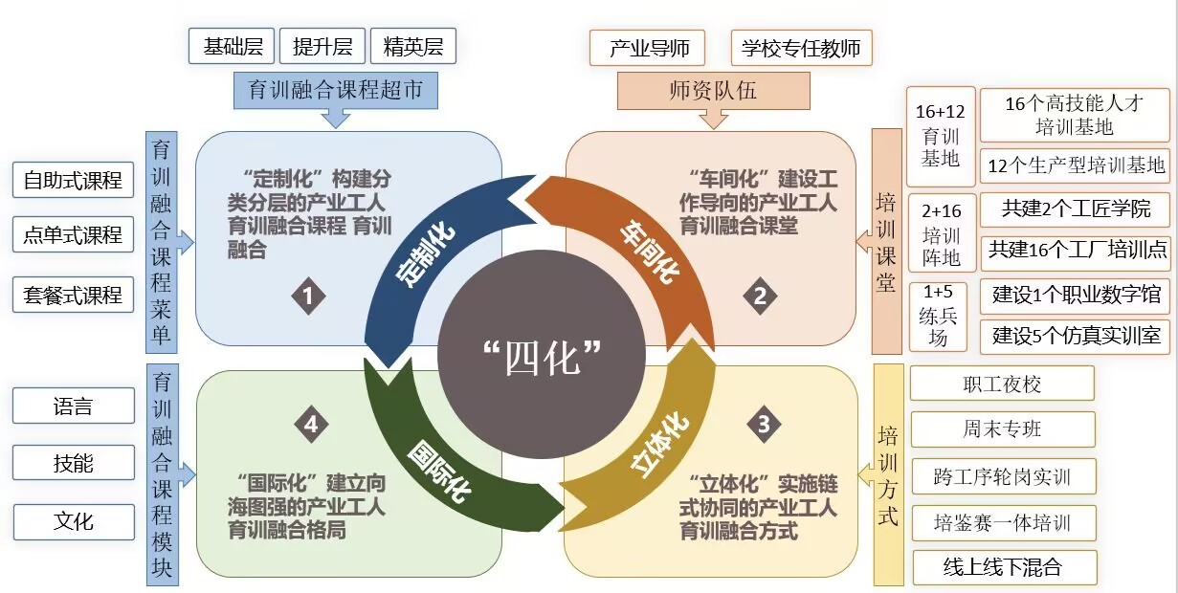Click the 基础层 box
coord(232,46)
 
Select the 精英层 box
coord(413,46)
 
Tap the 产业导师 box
coord(648,48)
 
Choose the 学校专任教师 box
coord(802,48)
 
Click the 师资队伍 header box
coord(714,91)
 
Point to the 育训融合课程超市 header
coord(336,91)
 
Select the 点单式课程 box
coord(73,234)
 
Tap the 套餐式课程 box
coord(73,295)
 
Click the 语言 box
coord(74,406)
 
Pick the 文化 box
coord(74,522)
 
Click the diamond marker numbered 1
coord(309,296)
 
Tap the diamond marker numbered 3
coord(764,424)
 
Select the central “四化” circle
coord(542,354)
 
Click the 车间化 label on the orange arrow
coord(650,253)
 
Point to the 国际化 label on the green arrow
coord(439,472)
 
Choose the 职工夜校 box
coord(1002,384)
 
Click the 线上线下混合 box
coord(1005,567)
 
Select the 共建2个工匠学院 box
coord(1075,209)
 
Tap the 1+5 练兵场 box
coord(938,317)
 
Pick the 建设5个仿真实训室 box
coord(1075,336)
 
